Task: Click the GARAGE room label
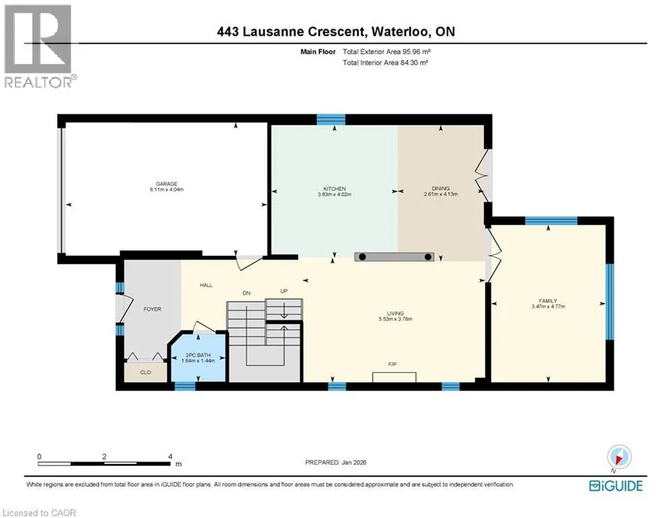[167, 183]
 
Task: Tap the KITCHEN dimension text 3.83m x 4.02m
[334, 194]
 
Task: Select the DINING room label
[441, 188]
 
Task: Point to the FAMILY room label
[548, 301]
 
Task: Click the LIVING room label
[395, 314]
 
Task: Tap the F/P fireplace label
[392, 364]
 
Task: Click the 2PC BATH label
[198, 355]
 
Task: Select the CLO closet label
[146, 372]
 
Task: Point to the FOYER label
[152, 309]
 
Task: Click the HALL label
[206, 285]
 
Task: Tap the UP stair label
[284, 291]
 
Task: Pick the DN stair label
[247, 293]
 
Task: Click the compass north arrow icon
[619, 457]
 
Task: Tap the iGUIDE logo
[616, 486]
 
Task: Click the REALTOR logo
[38, 47]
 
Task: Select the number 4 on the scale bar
[171, 457]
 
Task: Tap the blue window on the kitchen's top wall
[331, 119]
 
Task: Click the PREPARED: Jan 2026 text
[336, 462]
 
